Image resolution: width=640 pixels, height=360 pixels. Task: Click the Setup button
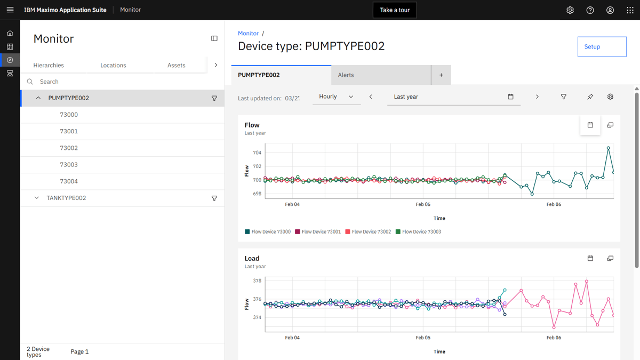pos(602,46)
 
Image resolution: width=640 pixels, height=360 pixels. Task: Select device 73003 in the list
pos(69,165)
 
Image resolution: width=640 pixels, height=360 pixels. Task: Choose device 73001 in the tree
pos(69,131)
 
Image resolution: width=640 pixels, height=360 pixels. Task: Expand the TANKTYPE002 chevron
pos(37,198)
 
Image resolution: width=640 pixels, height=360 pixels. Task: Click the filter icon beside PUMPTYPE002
pos(214,98)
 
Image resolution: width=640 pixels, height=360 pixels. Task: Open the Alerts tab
pos(381,75)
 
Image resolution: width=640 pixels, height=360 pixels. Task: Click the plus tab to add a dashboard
pos(441,75)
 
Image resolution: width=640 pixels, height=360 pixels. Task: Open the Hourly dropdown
pos(337,97)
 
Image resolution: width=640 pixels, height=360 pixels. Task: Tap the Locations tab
pos(113,65)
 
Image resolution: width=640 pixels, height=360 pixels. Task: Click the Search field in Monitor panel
pos(123,82)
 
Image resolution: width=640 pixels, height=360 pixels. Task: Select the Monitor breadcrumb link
pos(248,33)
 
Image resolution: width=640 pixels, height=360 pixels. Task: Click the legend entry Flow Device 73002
pos(368,231)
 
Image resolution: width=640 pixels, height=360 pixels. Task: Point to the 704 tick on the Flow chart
pos(257,153)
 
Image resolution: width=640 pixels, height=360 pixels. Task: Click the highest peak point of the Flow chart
pos(609,148)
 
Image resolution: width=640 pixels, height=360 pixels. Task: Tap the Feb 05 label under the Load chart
pos(423,338)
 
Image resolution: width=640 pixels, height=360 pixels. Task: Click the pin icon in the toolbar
pos(590,97)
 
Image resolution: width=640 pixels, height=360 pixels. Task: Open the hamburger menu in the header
pos(10,10)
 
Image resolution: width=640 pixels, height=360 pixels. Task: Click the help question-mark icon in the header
pos(590,10)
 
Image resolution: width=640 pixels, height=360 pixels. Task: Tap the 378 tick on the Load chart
pos(257,281)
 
